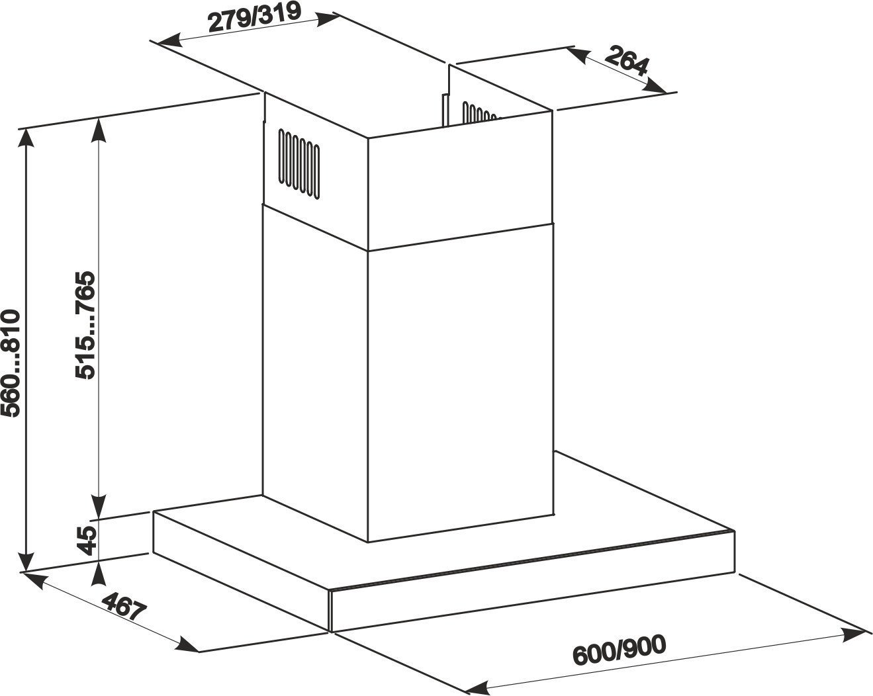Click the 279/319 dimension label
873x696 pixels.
coord(254,18)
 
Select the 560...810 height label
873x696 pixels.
coord(10,363)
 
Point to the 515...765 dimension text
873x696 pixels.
coord(85,325)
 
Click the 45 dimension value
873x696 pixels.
coord(87,541)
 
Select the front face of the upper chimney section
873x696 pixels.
coord(459,182)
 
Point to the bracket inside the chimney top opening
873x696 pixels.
coord(445,110)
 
